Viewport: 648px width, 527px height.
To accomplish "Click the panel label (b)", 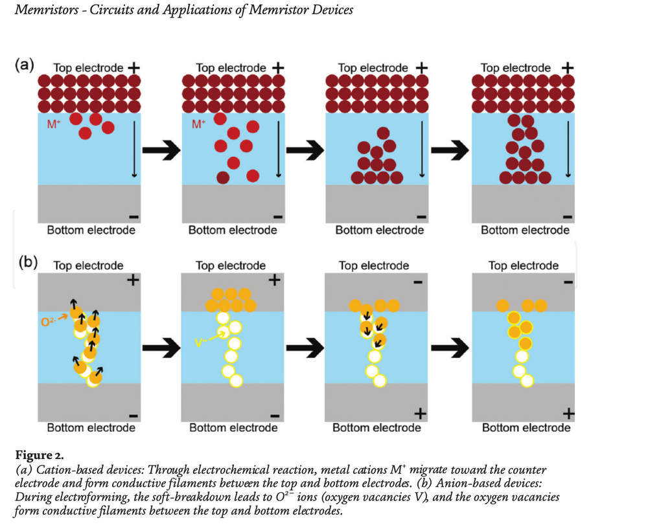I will [x=26, y=263].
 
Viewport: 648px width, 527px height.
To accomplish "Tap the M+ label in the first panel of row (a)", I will [x=54, y=124].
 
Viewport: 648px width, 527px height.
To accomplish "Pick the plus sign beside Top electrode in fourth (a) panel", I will [x=568, y=67].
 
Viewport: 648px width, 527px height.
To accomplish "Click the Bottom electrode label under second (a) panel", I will [x=233, y=230].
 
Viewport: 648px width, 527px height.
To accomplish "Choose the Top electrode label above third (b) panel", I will [x=374, y=265].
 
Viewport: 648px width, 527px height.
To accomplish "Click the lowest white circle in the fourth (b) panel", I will [x=527, y=380].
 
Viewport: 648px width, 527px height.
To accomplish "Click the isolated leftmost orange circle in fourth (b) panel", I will [x=502, y=306].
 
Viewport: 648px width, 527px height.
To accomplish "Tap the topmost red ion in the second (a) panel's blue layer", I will [x=220, y=119].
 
